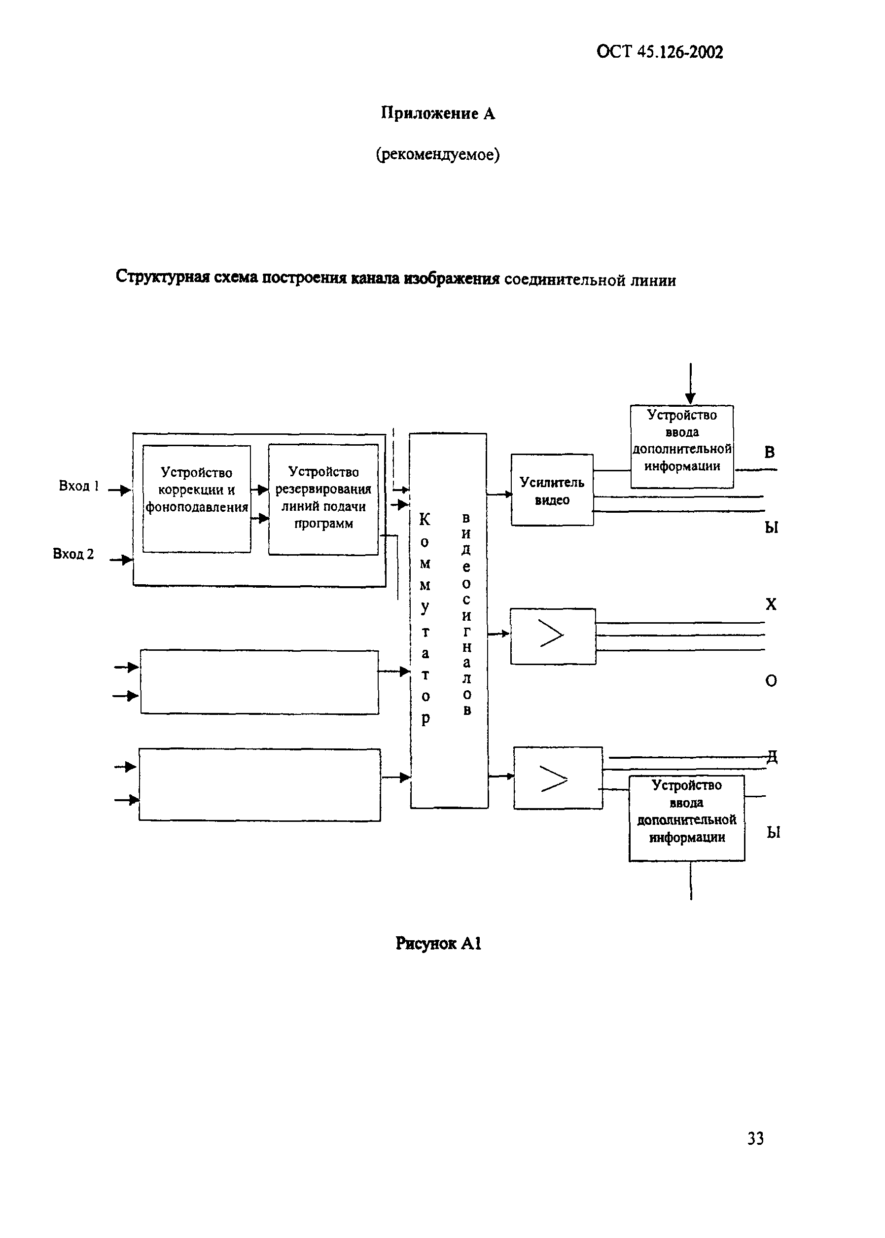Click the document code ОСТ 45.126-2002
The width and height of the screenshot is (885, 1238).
coord(659,52)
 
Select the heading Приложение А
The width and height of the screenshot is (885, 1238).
coord(438,113)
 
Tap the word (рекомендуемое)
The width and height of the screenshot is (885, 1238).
coord(438,155)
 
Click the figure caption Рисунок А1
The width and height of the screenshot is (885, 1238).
coord(438,943)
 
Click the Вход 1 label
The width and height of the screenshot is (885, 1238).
coord(78,486)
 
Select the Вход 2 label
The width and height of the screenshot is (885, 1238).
coord(73,554)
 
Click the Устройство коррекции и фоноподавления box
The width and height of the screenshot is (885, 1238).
coord(196,498)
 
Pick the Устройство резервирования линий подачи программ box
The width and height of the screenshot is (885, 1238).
coord(323,499)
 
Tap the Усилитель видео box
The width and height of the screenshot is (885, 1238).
coord(552,490)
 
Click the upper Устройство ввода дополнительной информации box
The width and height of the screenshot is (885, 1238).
coord(682,446)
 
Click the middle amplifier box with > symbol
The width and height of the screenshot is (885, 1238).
coord(553,636)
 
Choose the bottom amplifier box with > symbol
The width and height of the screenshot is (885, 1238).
coord(558,778)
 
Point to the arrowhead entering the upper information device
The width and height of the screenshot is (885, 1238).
coord(690,398)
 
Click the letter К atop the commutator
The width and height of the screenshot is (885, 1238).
coord(425,519)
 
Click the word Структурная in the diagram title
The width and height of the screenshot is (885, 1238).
coord(162,278)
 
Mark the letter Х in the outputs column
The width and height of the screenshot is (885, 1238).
coord(771,604)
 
